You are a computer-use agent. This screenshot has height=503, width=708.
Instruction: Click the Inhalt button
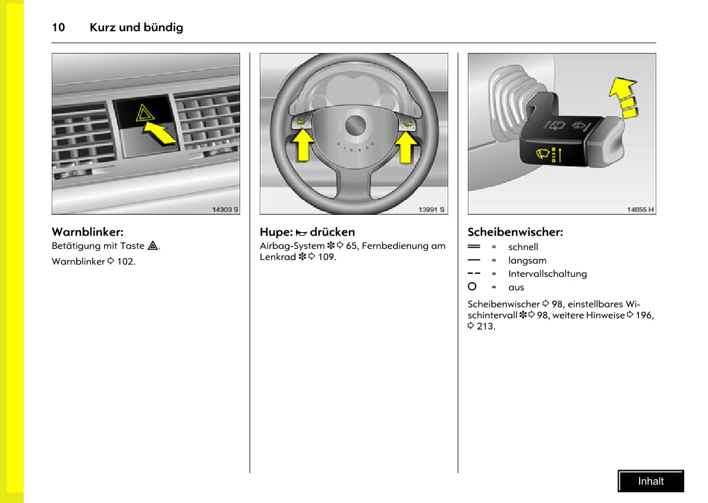point(650,481)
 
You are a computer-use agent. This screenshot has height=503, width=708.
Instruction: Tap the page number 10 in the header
point(58,27)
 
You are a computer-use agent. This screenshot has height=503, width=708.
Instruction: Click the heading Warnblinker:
point(87,232)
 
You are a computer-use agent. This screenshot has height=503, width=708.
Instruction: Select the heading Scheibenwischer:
point(515,232)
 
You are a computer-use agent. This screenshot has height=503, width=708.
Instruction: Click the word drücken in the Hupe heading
point(332,232)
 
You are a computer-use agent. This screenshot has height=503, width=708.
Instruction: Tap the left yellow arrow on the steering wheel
point(304,146)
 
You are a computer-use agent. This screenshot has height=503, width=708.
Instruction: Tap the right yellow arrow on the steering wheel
point(407,146)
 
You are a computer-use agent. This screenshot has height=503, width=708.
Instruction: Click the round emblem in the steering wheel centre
point(356,126)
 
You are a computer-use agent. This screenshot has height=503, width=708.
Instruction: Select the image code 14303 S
point(225,210)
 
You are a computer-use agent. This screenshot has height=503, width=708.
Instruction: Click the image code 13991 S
point(432,210)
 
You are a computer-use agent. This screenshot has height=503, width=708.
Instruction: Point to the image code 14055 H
point(640,210)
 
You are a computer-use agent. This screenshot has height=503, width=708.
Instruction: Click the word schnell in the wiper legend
point(523,247)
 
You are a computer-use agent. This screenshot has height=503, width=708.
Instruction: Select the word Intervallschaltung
point(547,274)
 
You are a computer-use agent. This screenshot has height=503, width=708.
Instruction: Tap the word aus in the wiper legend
point(516,288)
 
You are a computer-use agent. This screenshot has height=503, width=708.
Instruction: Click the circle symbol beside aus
point(473,286)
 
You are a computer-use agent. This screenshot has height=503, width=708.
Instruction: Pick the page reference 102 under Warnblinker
point(125,261)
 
